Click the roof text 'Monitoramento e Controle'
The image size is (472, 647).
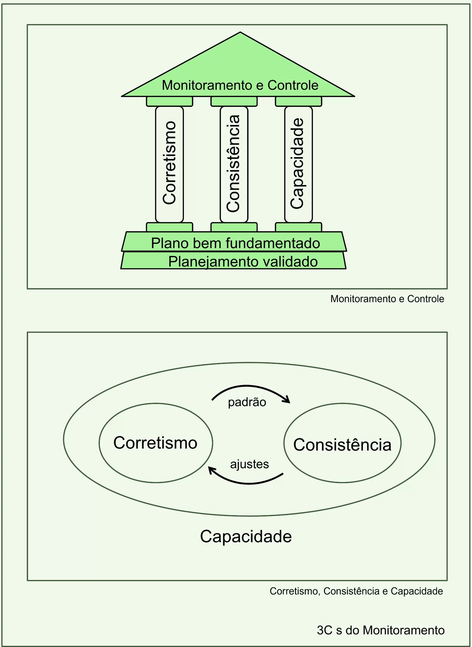pyautogui.click(x=240, y=85)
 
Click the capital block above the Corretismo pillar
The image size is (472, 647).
pyautogui.click(x=170, y=101)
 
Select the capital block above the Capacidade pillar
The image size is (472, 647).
pyautogui.click(x=298, y=101)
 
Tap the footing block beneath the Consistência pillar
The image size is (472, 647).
pyautogui.click(x=234, y=227)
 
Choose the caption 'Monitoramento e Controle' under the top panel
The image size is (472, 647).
pyautogui.click(x=387, y=299)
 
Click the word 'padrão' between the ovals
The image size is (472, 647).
pyautogui.click(x=247, y=402)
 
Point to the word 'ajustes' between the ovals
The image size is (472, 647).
pyautogui.click(x=249, y=464)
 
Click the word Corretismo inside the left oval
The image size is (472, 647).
pyautogui.click(x=155, y=443)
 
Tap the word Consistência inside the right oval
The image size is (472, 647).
pyautogui.click(x=342, y=445)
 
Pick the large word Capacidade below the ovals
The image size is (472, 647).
pyautogui.click(x=246, y=536)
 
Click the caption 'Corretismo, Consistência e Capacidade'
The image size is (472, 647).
pyautogui.click(x=356, y=591)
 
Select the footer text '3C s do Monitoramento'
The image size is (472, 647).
pyautogui.click(x=380, y=630)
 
